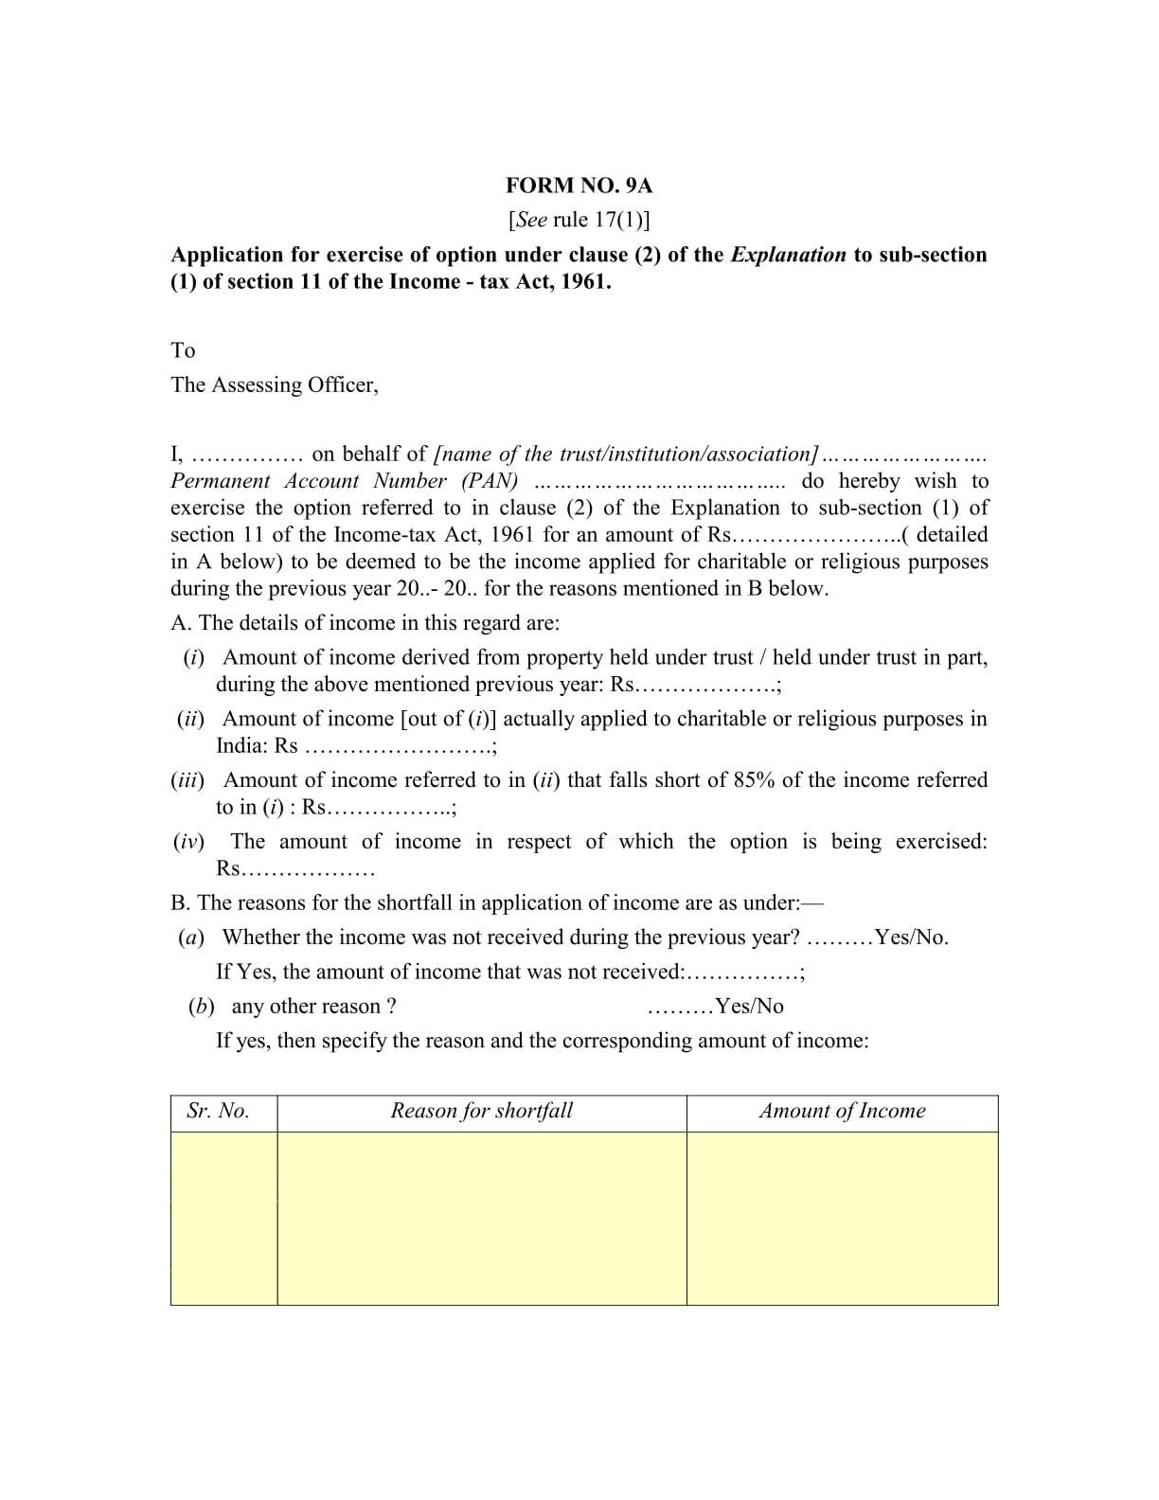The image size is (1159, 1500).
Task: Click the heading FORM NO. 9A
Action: click(579, 186)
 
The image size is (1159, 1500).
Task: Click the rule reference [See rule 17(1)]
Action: click(579, 220)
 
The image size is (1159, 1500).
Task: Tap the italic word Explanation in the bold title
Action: click(788, 255)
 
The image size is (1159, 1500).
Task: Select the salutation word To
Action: click(183, 350)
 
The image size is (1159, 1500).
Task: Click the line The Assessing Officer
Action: click(274, 384)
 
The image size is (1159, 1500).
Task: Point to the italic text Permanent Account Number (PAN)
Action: click(344, 481)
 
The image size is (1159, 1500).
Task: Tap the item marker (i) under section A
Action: click(193, 657)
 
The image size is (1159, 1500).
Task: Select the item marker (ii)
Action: click(190, 719)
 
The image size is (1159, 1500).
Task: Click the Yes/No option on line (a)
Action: click(911, 937)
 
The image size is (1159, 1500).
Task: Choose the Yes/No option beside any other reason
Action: click(749, 1007)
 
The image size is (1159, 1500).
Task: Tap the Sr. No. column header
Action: click(218, 1111)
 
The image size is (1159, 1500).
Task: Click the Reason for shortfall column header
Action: click(481, 1111)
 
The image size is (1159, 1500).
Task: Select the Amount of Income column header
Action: click(842, 1111)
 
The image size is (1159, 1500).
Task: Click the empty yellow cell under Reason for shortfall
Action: click(481, 1218)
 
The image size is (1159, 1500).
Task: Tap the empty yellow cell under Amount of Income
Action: click(842, 1218)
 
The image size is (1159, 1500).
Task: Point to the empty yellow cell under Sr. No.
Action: click(223, 1218)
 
